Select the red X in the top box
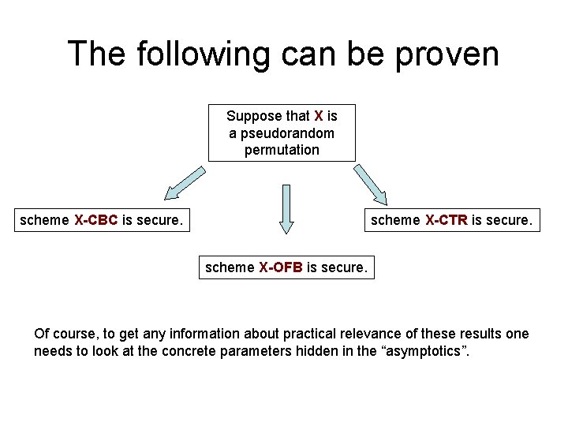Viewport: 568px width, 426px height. (319, 116)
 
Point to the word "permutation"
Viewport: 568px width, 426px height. (282, 150)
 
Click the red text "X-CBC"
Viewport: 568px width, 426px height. (96, 220)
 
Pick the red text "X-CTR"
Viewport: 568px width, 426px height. (447, 220)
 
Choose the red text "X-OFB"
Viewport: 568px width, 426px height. (281, 267)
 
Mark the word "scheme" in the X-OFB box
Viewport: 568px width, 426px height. (230, 267)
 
